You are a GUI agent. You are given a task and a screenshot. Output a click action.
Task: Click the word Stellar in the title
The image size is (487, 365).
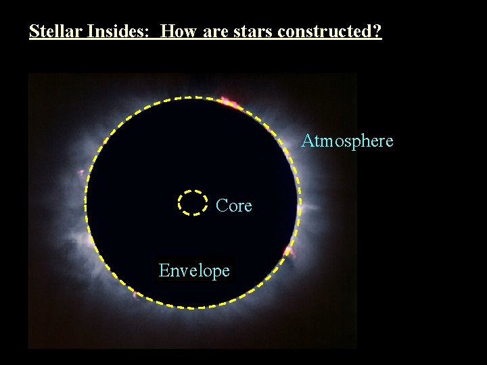pyautogui.click(x=53, y=31)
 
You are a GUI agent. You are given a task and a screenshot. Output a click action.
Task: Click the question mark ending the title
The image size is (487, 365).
pyautogui.click(x=377, y=31)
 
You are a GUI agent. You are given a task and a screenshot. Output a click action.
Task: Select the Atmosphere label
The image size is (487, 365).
pyautogui.click(x=347, y=141)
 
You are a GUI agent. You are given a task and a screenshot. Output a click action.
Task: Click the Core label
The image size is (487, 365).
pyautogui.click(x=234, y=205)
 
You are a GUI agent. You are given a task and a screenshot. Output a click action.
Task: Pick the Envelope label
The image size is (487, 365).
pyautogui.click(x=194, y=270)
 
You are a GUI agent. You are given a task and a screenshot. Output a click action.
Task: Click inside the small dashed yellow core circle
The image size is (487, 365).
pyautogui.click(x=192, y=202)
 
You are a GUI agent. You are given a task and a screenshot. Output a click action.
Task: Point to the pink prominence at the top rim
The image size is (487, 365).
pyautogui.click(x=229, y=103)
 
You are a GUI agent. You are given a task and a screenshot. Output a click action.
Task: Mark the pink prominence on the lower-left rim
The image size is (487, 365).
pyautogui.click(x=135, y=293)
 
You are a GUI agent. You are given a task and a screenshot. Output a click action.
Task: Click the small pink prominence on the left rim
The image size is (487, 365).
pyautogui.click(x=83, y=174)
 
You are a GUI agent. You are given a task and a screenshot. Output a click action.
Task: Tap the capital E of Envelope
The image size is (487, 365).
pyautogui.click(x=164, y=270)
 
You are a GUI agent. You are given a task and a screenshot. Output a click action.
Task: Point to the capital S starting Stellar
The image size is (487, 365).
pyautogui.click(x=34, y=31)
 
